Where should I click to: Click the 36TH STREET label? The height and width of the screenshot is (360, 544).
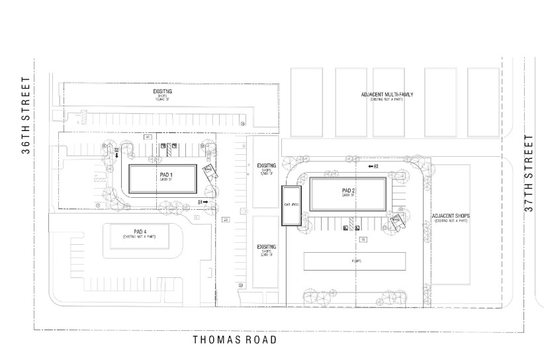tap(26, 115)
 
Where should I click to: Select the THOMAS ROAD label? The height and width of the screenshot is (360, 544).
tap(234, 339)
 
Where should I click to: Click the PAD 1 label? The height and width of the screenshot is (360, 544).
tap(165, 175)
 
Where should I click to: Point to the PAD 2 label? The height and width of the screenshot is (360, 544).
tap(349, 191)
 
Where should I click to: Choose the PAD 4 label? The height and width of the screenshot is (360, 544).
tap(139, 232)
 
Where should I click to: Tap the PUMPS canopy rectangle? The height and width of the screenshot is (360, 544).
tap(355, 261)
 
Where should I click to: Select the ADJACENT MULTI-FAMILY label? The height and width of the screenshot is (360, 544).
tap(386, 95)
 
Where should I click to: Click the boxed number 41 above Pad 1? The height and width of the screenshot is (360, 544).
tap(149, 136)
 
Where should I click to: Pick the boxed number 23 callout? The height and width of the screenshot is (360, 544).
tap(226, 219)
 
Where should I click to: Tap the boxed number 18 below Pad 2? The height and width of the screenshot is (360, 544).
tap(363, 239)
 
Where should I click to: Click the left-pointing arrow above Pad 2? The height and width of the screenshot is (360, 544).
tap(372, 166)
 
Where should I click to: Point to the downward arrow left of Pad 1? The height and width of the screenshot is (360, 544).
tap(117, 155)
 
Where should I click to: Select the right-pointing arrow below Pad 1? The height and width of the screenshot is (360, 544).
tap(206, 201)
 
